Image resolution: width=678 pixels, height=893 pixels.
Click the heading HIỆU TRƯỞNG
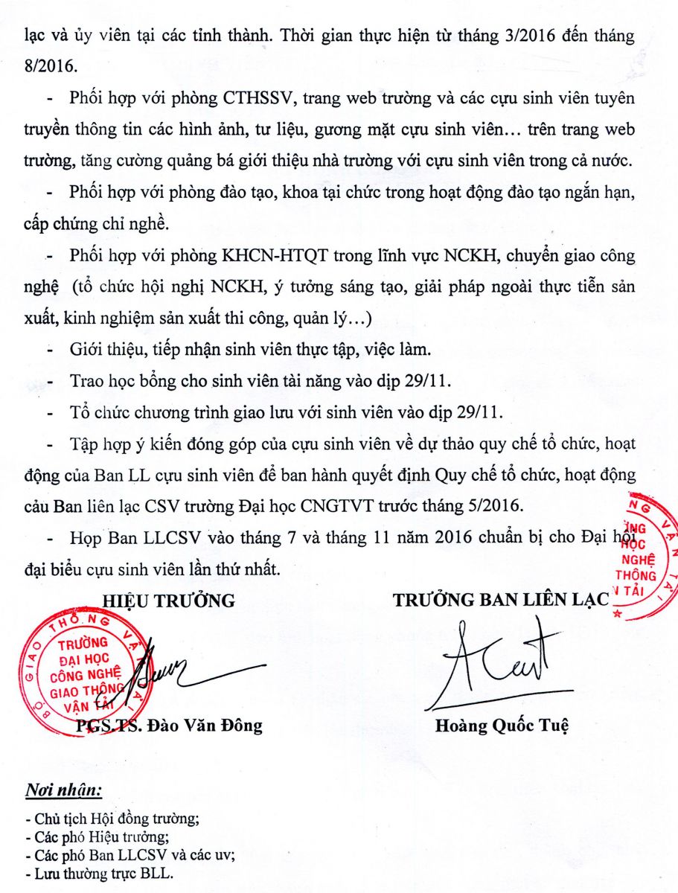pos(168,601)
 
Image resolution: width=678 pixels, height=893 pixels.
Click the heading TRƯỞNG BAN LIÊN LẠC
pos(500,601)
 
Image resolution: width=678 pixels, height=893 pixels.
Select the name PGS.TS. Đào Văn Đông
pos(170,726)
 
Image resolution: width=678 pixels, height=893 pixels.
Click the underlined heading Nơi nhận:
pos(64,789)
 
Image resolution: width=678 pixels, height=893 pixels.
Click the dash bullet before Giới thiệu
pos(51,349)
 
